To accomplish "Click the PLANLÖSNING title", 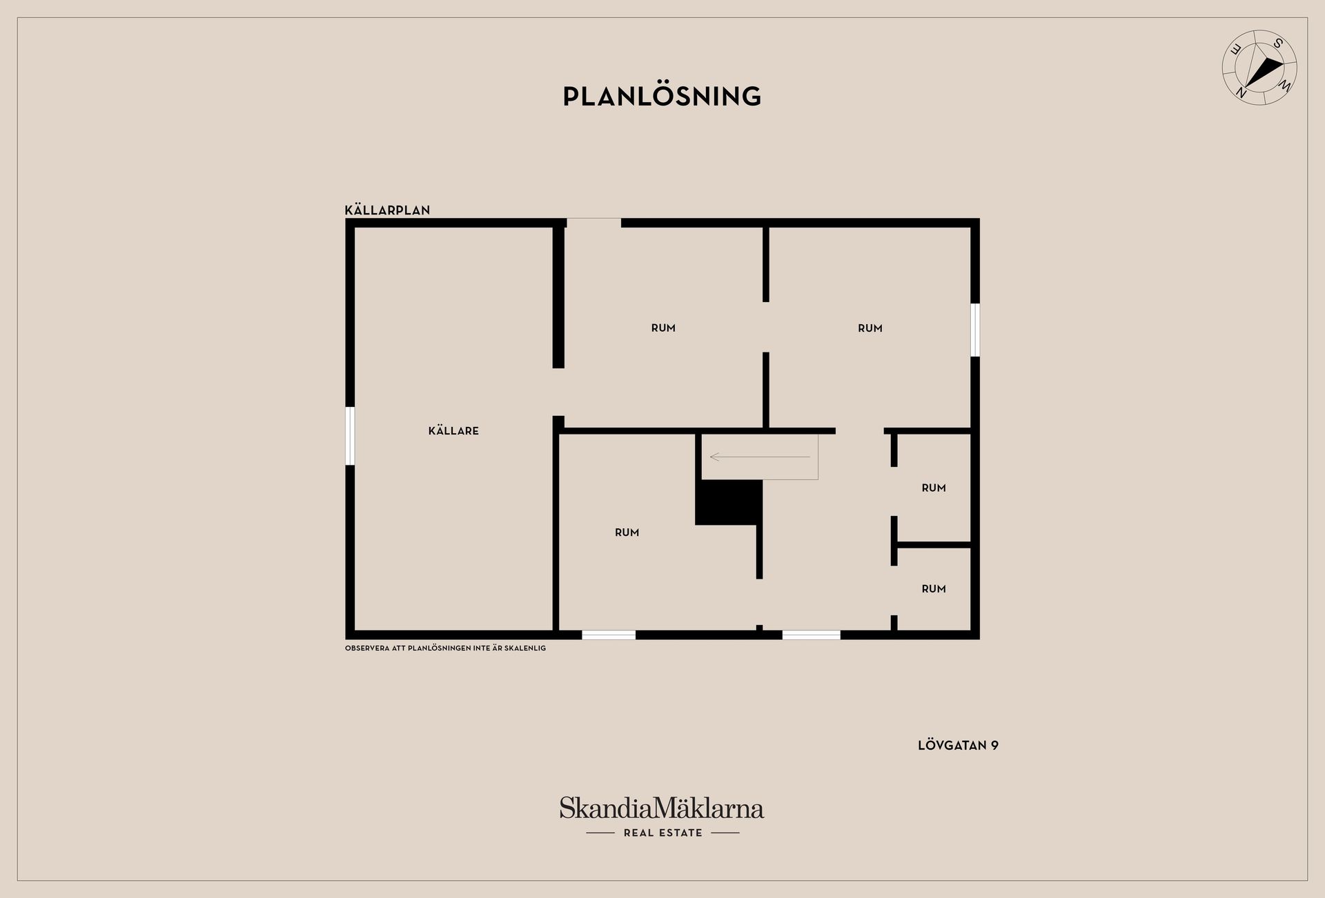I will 662,97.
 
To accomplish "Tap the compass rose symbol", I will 1259,68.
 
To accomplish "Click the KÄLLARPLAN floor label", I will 387,210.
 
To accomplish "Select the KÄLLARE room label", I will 453,431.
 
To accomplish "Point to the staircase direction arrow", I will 759,457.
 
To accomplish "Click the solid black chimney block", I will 729,502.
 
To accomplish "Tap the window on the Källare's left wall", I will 350,436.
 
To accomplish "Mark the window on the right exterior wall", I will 975,330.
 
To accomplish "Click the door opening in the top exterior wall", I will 593,222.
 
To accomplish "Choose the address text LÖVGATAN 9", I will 958,746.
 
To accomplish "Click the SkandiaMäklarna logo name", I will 662,808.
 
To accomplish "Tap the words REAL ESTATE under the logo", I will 662,833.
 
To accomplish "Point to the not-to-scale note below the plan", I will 445,648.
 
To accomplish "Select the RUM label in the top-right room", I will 870,328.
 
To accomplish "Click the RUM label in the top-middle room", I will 663,328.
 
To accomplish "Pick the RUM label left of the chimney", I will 627,532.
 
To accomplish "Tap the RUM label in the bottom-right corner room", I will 934,589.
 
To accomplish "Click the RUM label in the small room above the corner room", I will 934,488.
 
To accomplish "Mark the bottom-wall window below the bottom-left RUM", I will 609,635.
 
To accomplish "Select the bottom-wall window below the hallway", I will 811,635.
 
